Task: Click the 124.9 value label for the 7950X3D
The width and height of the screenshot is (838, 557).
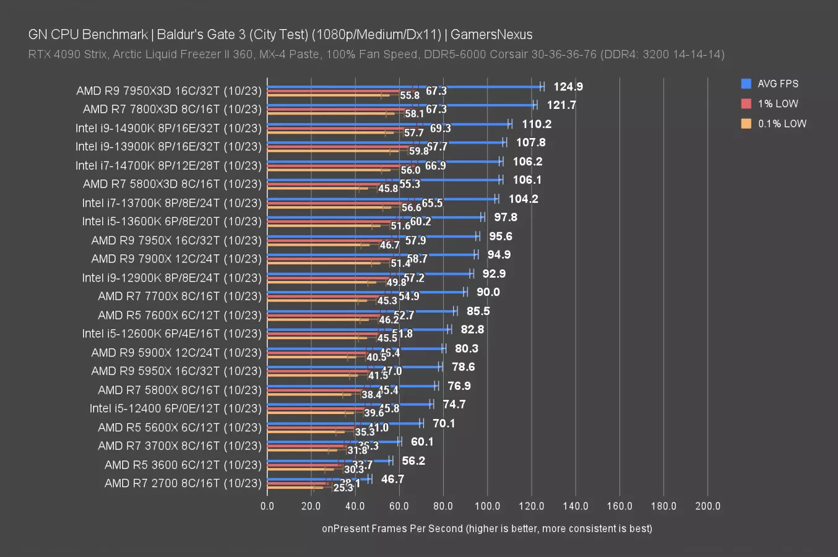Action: [568, 87]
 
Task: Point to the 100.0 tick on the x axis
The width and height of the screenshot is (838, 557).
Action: [487, 506]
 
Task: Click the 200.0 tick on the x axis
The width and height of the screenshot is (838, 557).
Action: [707, 506]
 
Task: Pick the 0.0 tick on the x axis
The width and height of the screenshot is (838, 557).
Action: [267, 506]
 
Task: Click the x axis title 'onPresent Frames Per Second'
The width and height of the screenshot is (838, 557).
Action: [486, 529]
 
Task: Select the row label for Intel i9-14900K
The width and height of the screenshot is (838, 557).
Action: [168, 128]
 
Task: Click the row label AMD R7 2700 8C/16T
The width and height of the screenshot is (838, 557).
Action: [183, 483]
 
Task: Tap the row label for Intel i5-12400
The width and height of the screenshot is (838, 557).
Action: [175, 408]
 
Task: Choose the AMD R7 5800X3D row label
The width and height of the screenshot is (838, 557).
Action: [172, 184]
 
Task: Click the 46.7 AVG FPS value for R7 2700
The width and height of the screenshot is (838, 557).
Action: [392, 479]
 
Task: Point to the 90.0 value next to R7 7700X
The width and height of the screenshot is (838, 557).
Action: [488, 292]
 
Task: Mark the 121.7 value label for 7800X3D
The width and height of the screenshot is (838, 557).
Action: [561, 105]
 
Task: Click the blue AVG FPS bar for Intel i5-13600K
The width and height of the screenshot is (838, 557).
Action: [374, 217]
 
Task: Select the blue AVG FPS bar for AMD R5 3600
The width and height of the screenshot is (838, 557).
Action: [329, 460]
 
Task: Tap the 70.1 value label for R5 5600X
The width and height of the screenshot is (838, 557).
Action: [443, 423]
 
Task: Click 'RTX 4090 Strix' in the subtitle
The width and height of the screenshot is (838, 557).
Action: [67, 54]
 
